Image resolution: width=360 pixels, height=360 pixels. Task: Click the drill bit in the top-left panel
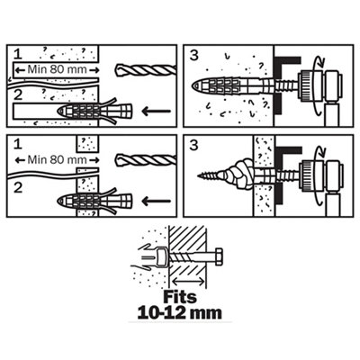[x=146, y=70]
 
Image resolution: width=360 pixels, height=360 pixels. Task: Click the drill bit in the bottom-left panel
[x=146, y=159]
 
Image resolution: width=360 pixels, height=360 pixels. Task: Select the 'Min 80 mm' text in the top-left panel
[x=57, y=69]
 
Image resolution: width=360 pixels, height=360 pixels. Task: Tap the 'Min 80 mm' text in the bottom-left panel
[x=57, y=159]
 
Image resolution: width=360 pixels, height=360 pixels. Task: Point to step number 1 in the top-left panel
[x=18, y=54]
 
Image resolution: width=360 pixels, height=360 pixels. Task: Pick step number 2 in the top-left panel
[x=18, y=95]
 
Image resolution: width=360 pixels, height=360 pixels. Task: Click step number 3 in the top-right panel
[x=194, y=55]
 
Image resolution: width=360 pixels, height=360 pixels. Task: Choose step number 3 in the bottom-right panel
[x=194, y=145]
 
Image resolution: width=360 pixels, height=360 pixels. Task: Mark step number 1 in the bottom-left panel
[x=18, y=144]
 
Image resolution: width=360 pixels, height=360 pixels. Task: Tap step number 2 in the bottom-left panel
[x=18, y=188]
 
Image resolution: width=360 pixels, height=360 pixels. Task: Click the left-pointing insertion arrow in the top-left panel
[x=156, y=112]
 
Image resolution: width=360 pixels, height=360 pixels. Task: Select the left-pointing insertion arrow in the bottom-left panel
[x=156, y=202]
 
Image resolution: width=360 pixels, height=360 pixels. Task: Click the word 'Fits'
[x=180, y=297]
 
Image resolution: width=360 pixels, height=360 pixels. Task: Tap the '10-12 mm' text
[x=180, y=313]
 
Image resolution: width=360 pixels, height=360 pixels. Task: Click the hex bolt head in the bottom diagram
[x=219, y=257]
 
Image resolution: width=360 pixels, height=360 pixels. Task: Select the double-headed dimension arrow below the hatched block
[x=188, y=282]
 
